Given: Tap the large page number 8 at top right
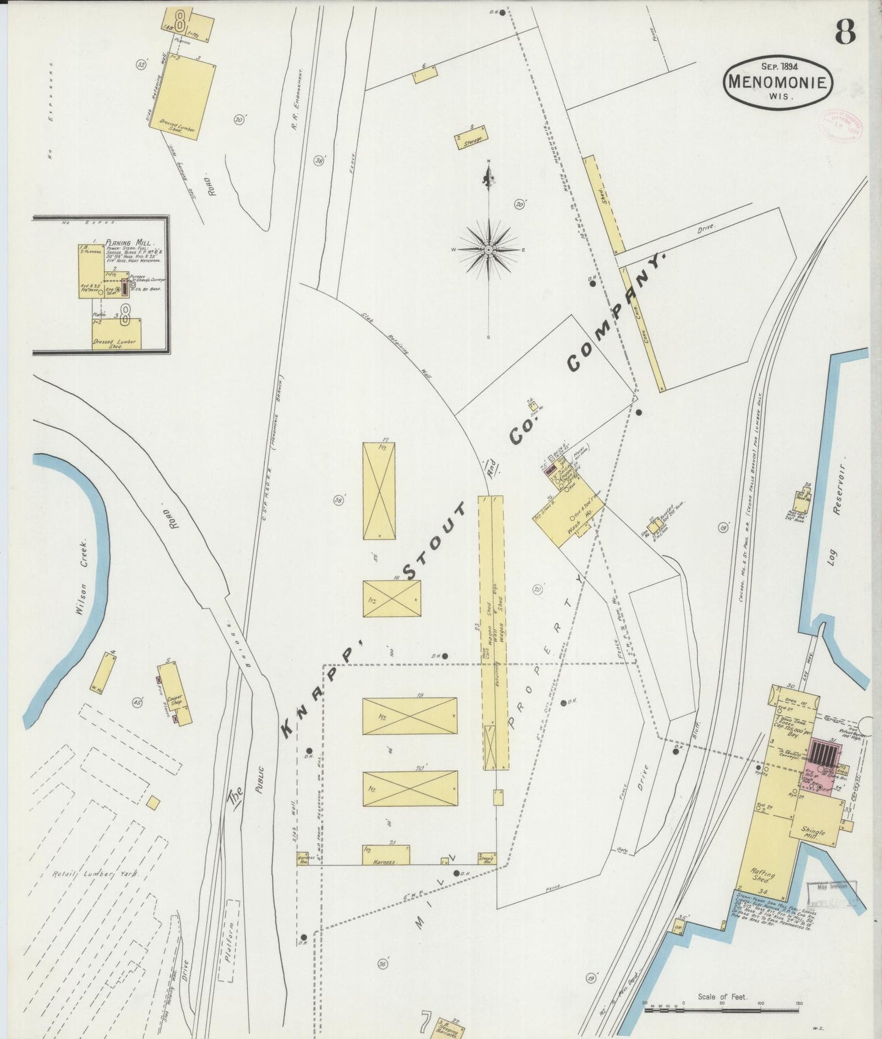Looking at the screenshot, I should coord(845,31).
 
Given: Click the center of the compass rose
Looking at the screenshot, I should coord(488,250).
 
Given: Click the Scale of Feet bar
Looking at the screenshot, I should coord(723,1011).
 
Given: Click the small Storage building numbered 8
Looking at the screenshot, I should coord(471,137).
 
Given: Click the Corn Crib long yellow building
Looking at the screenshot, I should coord(642,330).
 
